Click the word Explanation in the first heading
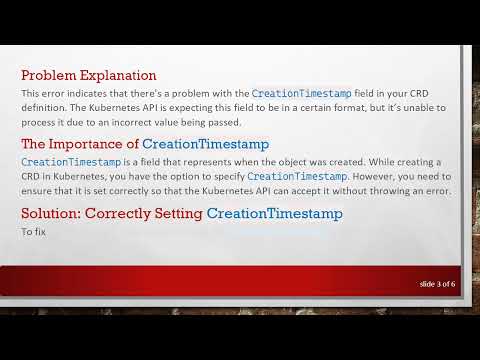[120, 75]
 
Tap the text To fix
[34, 232]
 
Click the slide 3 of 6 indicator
[437, 285]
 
